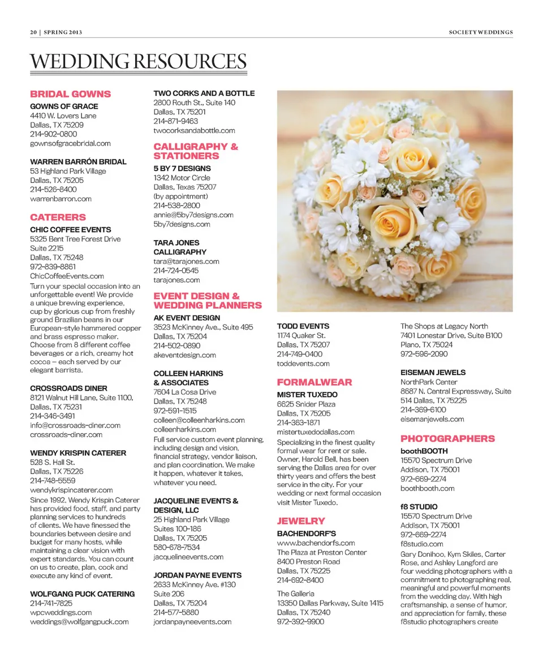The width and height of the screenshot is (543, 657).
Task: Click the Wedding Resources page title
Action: click(139, 61)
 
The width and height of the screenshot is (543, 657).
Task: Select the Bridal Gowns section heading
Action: click(70, 94)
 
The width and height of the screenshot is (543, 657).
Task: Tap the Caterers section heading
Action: click(58, 217)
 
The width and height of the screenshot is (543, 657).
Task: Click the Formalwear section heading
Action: click(314, 382)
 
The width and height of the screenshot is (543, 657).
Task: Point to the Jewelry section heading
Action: click(301, 521)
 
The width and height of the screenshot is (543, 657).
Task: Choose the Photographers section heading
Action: click(447, 439)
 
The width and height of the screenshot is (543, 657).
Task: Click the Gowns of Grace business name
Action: click(64, 106)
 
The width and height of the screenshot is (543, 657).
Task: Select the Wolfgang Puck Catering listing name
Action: click(82, 594)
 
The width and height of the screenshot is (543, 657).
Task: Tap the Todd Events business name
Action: click(303, 326)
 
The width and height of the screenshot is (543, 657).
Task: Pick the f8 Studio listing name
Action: click(419, 507)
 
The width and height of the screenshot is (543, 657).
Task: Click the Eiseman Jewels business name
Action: click(433, 373)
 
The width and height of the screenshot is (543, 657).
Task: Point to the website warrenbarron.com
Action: click(61, 199)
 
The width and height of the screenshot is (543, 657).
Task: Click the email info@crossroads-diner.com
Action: click(75, 425)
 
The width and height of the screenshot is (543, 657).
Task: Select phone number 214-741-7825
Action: click(51, 603)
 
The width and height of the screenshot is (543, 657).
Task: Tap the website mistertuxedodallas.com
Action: click(316, 432)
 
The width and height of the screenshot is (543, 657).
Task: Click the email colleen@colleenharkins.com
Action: click(199, 420)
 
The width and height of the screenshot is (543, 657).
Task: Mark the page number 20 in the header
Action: click(33, 32)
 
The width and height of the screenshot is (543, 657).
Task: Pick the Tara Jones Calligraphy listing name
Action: click(180, 248)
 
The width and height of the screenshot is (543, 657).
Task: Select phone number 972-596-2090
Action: click(424, 354)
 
